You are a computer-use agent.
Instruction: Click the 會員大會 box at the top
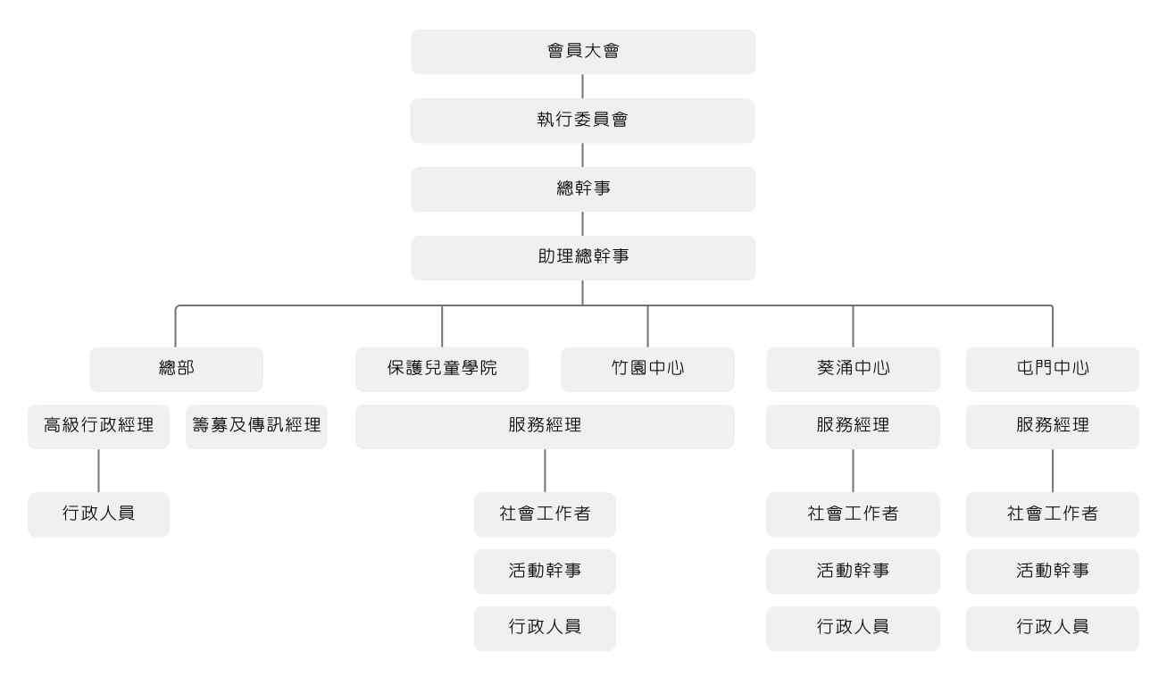(583, 52)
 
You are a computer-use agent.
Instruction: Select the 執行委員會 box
(582, 121)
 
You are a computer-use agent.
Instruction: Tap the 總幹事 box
(583, 189)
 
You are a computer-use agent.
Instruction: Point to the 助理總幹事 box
(583, 258)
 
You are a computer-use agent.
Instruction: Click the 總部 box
(176, 369)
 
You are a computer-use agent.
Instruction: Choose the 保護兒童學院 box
(442, 369)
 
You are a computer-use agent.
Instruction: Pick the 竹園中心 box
(647, 369)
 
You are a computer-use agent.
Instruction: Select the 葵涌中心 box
(853, 369)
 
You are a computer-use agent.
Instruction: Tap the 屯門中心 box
(1053, 369)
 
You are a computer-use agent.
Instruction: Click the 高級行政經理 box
(98, 426)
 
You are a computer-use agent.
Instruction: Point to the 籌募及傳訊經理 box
(256, 426)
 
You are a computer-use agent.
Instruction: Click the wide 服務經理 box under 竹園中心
(545, 426)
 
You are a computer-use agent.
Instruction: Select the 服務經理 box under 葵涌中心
(853, 426)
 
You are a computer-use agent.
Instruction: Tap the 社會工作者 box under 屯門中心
(1053, 514)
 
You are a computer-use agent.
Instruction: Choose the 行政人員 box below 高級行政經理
(98, 514)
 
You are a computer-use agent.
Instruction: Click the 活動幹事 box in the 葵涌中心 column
(853, 572)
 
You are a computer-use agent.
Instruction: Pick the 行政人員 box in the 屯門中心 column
(1053, 628)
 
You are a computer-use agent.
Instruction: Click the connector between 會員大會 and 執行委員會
(582, 86)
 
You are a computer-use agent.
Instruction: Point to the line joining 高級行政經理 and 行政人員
(98, 471)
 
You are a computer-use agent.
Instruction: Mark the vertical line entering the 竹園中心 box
(647, 326)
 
